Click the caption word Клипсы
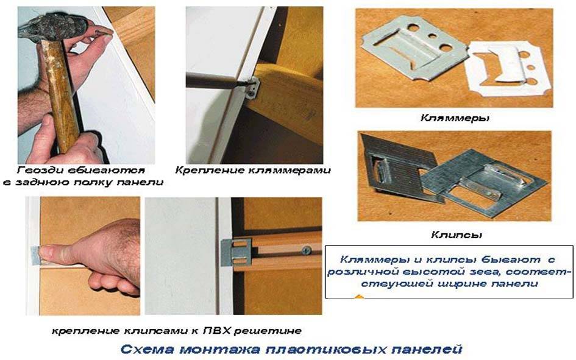457,235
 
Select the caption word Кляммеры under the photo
455,118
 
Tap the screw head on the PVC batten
306,250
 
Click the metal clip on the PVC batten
236,252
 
